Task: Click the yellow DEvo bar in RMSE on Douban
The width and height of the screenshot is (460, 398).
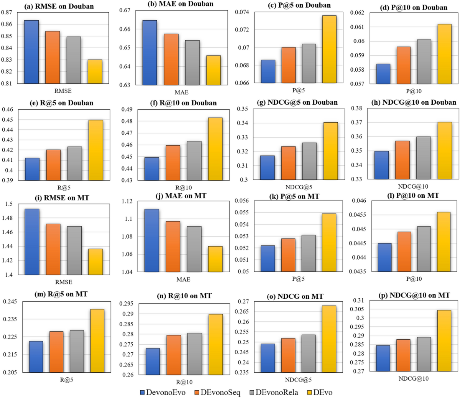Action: (95, 72)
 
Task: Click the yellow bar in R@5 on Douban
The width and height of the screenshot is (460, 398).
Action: (96, 150)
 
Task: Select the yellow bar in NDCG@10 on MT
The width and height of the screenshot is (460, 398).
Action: (444, 340)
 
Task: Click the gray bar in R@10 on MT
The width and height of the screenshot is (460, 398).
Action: (194, 354)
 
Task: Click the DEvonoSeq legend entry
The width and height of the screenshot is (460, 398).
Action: (215, 392)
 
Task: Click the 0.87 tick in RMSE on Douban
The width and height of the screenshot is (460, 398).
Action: (7, 12)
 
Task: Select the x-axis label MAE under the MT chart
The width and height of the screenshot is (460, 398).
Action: (183, 280)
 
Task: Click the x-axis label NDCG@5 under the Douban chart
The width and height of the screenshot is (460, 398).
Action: (299, 187)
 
